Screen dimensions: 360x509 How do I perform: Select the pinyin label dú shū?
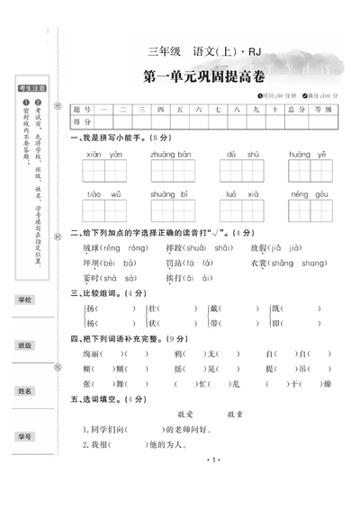pyautogui.click(x=242, y=154)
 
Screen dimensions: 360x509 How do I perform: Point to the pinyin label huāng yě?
pyautogui.click(x=307, y=154)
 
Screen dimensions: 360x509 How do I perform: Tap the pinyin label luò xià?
pyautogui.click(x=242, y=193)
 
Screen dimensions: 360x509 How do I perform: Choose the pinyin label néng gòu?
pyautogui.click(x=307, y=193)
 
